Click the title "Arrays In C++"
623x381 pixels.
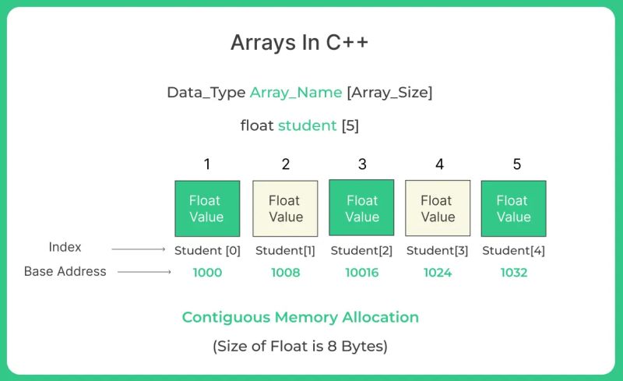click(x=299, y=43)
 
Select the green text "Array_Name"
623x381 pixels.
click(x=296, y=92)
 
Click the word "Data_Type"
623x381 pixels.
click(x=206, y=92)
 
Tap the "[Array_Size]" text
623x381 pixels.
click(x=389, y=92)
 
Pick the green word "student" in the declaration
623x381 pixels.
click(x=307, y=125)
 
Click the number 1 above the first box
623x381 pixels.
click(x=207, y=164)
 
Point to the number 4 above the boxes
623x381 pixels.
click(x=438, y=164)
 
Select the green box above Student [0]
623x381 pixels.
click(x=207, y=209)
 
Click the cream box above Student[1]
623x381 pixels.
click(x=285, y=209)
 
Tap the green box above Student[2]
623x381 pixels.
click(x=361, y=208)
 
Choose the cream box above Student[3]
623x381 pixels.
click(x=438, y=209)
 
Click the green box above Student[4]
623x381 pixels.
click(x=513, y=209)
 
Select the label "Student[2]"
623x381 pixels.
click(x=361, y=251)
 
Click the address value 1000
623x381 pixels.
click(x=207, y=273)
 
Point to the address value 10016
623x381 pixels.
click(x=361, y=273)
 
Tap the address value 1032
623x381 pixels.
click(x=513, y=273)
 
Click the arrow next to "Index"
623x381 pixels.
click(x=139, y=249)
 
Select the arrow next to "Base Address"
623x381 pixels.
click(x=143, y=272)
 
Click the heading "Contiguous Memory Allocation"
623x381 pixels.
click(x=300, y=317)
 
